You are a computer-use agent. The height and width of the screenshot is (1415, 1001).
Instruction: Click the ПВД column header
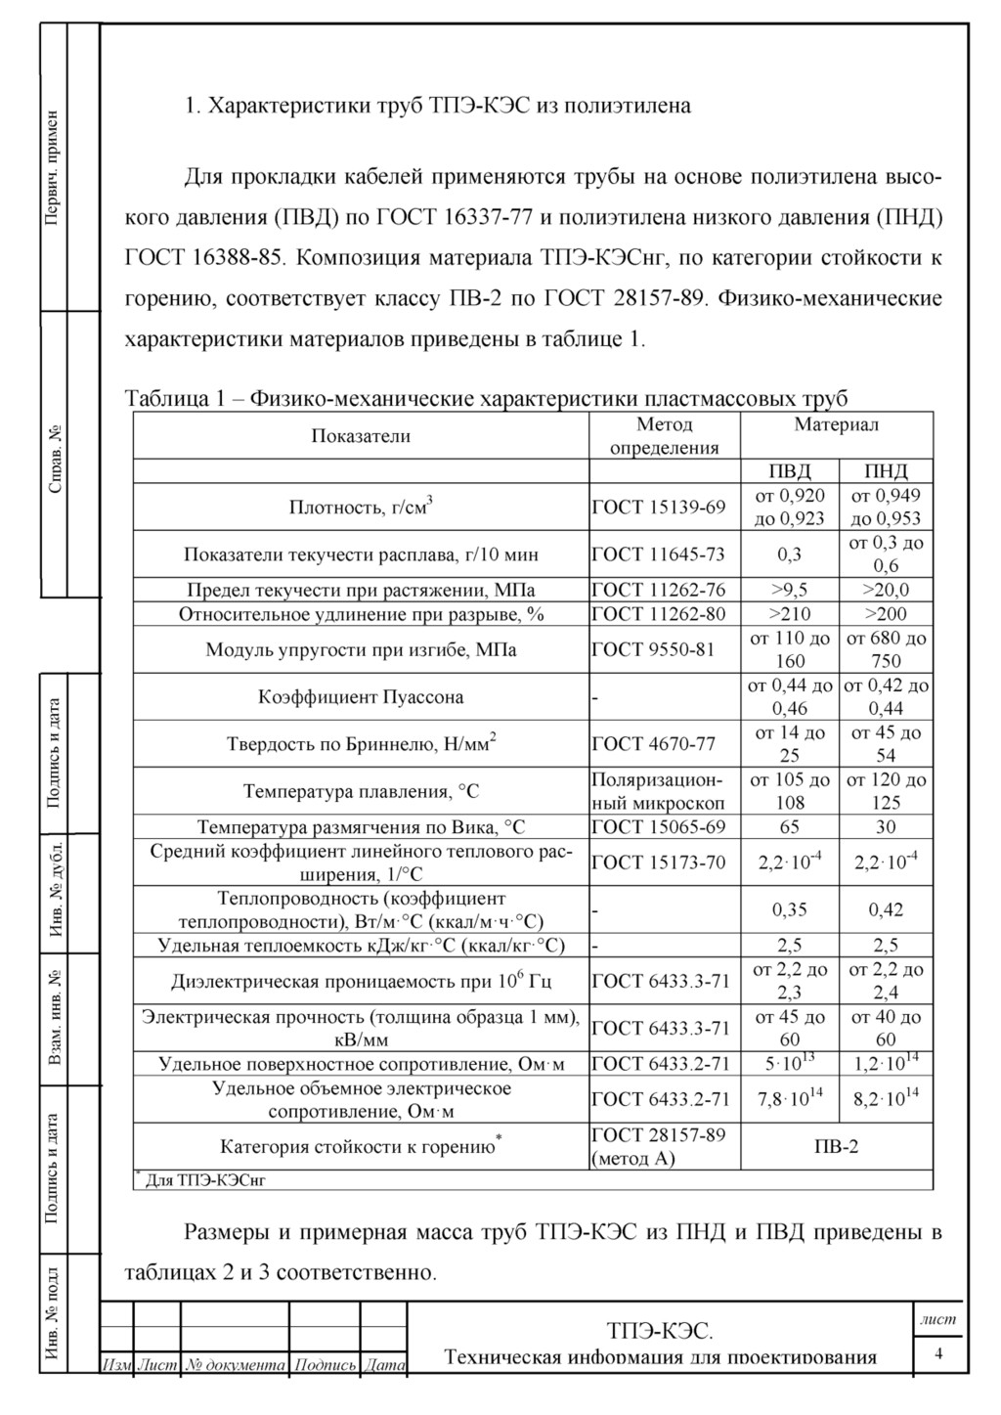(789, 471)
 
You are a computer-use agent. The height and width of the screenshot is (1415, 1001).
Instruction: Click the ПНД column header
(886, 471)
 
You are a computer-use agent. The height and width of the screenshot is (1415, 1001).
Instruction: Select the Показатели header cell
(361, 436)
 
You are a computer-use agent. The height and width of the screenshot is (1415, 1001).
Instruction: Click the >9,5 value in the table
(789, 590)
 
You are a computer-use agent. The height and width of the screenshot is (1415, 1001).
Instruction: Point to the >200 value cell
(886, 614)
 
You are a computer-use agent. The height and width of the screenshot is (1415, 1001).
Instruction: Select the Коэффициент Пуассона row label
(361, 697)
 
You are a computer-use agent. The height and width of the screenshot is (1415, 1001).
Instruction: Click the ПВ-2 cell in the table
(836, 1146)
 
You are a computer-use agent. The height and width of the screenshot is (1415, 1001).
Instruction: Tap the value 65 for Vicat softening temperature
(789, 826)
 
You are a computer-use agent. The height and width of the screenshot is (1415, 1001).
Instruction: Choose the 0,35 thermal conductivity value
(789, 909)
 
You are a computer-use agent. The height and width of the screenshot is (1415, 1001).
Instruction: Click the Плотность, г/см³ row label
(361, 507)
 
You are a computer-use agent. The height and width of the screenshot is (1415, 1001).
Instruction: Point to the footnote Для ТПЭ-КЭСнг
(206, 1180)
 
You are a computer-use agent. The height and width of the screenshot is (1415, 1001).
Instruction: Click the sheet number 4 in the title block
(938, 1353)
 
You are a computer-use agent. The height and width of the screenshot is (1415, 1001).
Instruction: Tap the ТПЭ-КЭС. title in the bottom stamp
(660, 1331)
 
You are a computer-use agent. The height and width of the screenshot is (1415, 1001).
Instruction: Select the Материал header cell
(836, 424)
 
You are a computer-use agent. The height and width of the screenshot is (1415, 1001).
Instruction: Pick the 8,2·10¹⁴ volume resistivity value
(886, 1099)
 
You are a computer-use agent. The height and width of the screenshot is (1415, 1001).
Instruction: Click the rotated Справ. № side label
(55, 458)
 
